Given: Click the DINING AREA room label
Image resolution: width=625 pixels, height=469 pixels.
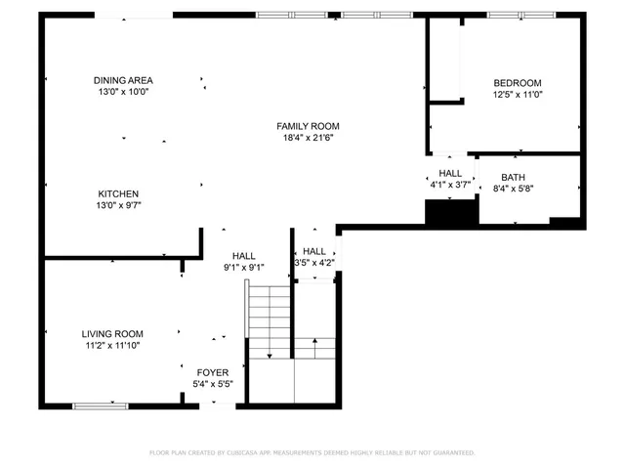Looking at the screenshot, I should point(123,80).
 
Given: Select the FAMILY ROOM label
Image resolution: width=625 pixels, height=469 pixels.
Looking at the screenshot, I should point(308,126).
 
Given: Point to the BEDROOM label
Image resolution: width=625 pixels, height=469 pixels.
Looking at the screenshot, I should point(517,83).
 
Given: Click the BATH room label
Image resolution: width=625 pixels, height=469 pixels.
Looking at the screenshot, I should point(513,177).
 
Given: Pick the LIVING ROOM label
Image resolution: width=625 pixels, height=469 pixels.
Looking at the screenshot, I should point(112,333).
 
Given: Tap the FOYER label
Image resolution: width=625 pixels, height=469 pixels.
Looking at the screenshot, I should point(212,372).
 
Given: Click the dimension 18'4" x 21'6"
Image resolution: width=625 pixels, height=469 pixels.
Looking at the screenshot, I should point(308,138).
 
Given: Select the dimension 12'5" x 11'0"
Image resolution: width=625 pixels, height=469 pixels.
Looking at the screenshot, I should point(517,95).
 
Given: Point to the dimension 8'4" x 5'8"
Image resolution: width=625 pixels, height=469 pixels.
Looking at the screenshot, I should point(513,189).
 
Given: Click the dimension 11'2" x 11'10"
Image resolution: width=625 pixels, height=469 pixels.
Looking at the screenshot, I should point(112,345).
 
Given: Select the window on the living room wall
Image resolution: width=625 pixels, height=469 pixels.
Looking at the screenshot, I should point(101,405).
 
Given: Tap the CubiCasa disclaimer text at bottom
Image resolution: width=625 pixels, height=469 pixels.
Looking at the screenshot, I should point(312,452).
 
